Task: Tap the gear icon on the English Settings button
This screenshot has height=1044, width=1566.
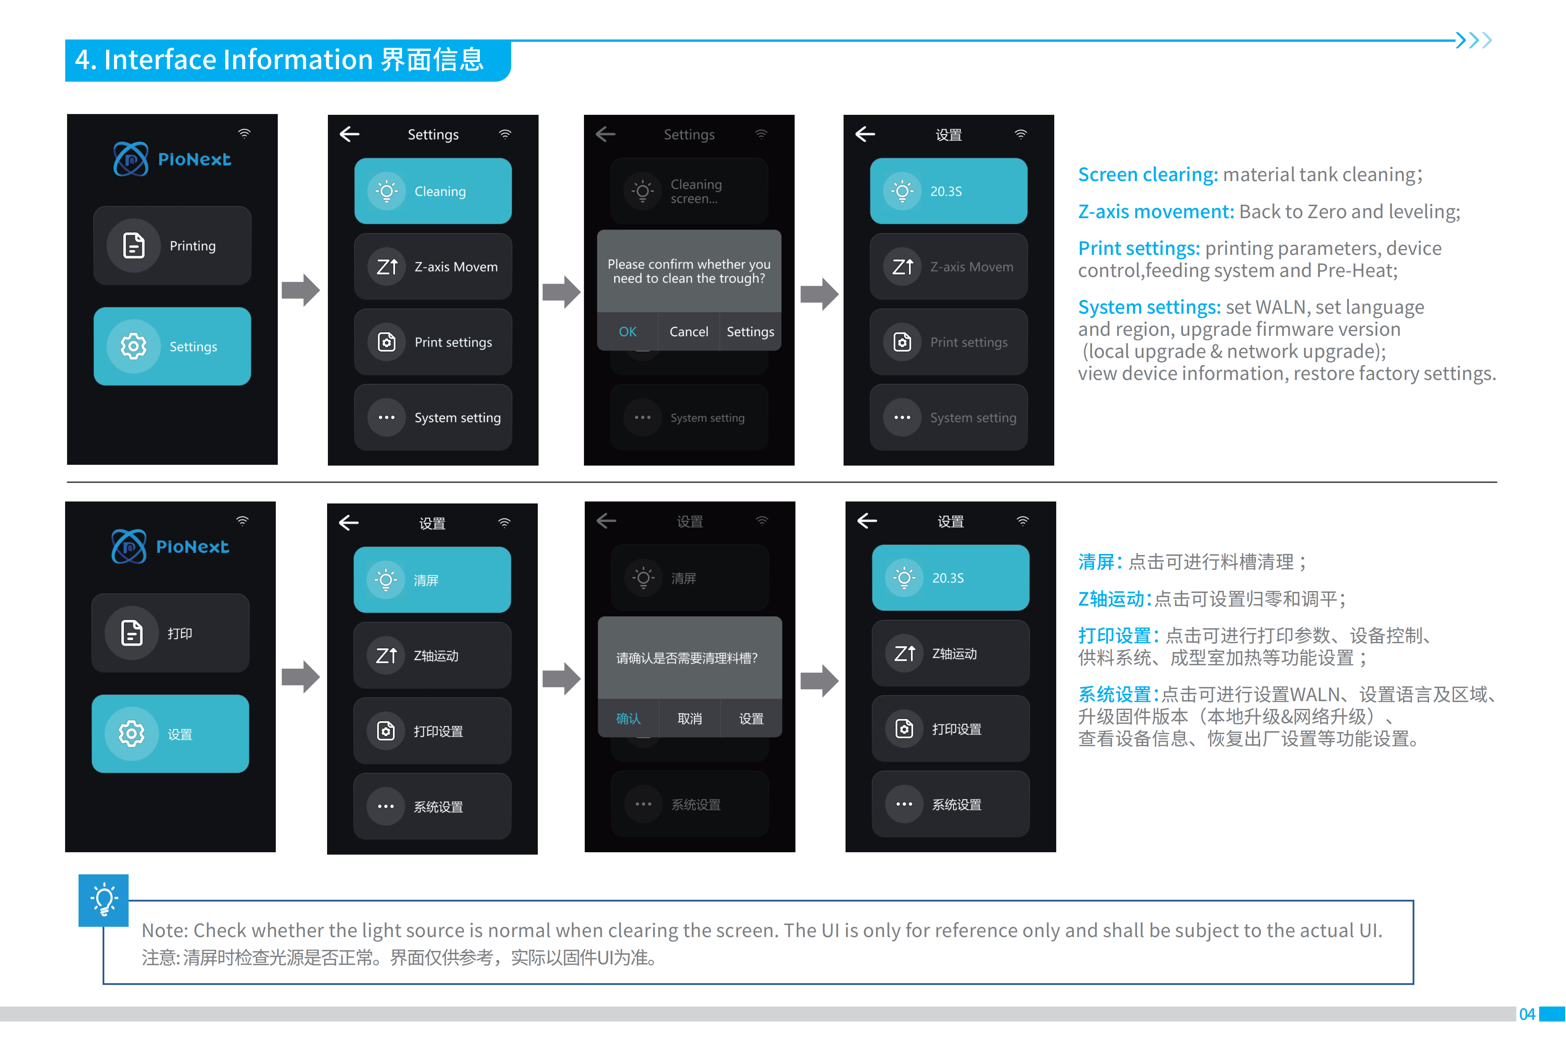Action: [133, 346]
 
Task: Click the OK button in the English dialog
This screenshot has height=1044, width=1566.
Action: [627, 331]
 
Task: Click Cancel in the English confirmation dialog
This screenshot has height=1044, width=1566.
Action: [689, 331]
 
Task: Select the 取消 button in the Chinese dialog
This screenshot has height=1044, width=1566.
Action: [689, 718]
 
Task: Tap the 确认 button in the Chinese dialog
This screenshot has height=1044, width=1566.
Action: [628, 718]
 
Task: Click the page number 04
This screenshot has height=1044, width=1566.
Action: [1527, 1014]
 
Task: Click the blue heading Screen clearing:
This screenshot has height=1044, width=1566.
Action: [1147, 174]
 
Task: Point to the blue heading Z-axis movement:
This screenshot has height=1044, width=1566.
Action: [1155, 212]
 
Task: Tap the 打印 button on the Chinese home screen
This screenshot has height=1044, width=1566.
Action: [170, 633]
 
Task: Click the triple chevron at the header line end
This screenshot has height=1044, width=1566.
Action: [1473, 41]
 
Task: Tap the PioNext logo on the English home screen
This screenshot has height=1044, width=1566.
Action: [172, 159]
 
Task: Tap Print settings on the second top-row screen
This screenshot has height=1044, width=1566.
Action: [433, 342]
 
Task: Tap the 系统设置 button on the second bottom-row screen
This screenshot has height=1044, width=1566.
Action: [432, 806]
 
